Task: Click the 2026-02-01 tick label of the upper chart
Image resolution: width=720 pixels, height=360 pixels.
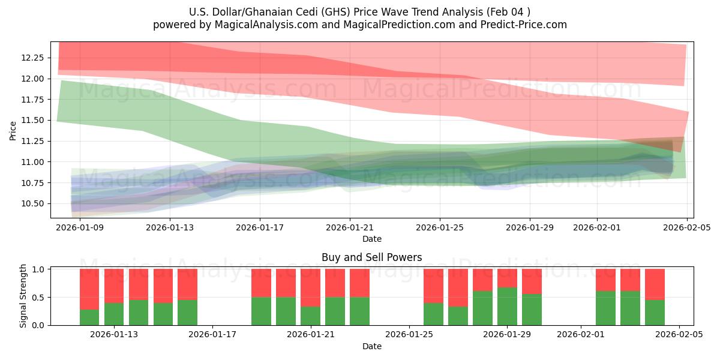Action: pos(596,227)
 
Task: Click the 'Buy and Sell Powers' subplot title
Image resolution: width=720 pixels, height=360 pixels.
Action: pos(371,257)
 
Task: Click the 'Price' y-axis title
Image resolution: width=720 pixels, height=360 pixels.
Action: pos(13,130)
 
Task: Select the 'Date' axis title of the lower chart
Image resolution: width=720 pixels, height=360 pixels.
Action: pos(371,346)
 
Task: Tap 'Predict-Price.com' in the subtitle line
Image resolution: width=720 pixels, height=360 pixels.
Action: pos(526,25)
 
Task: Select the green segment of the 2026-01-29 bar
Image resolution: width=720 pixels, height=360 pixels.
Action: pos(507,306)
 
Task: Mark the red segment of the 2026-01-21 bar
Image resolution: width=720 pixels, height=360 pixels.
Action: pos(310,287)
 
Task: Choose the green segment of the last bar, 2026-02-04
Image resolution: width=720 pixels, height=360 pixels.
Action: pos(655,312)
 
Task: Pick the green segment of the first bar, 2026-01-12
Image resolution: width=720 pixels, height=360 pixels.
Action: pos(89,317)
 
